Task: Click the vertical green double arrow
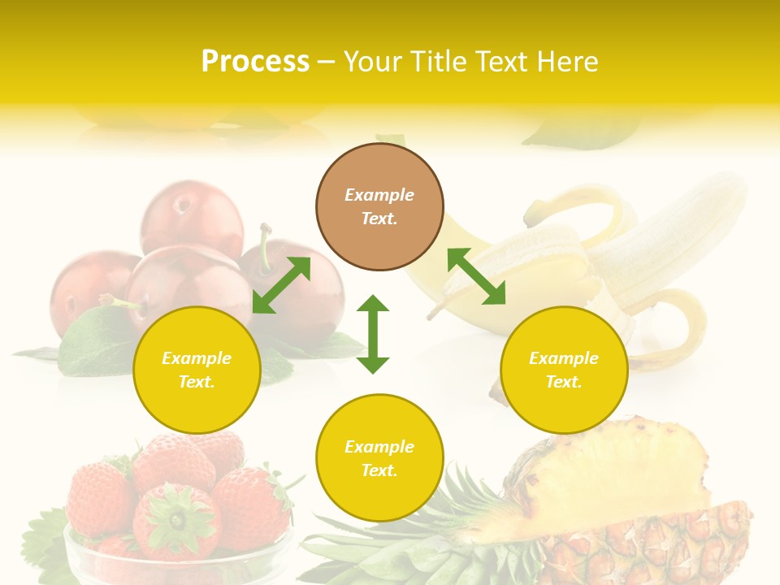373,334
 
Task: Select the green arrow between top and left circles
281,285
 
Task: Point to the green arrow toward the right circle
476,276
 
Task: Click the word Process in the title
255,61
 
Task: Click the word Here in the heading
567,61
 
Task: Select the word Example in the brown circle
379,195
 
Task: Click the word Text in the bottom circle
378,470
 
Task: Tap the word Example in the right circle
564,358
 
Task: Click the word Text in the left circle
196,382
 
